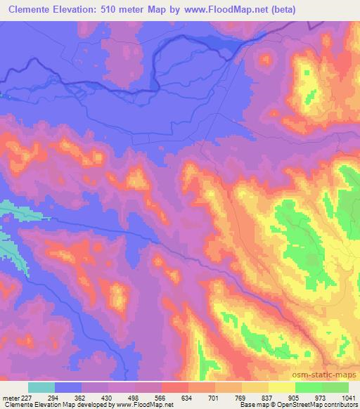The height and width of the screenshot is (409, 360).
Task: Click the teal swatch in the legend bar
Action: click(x=41, y=387)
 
